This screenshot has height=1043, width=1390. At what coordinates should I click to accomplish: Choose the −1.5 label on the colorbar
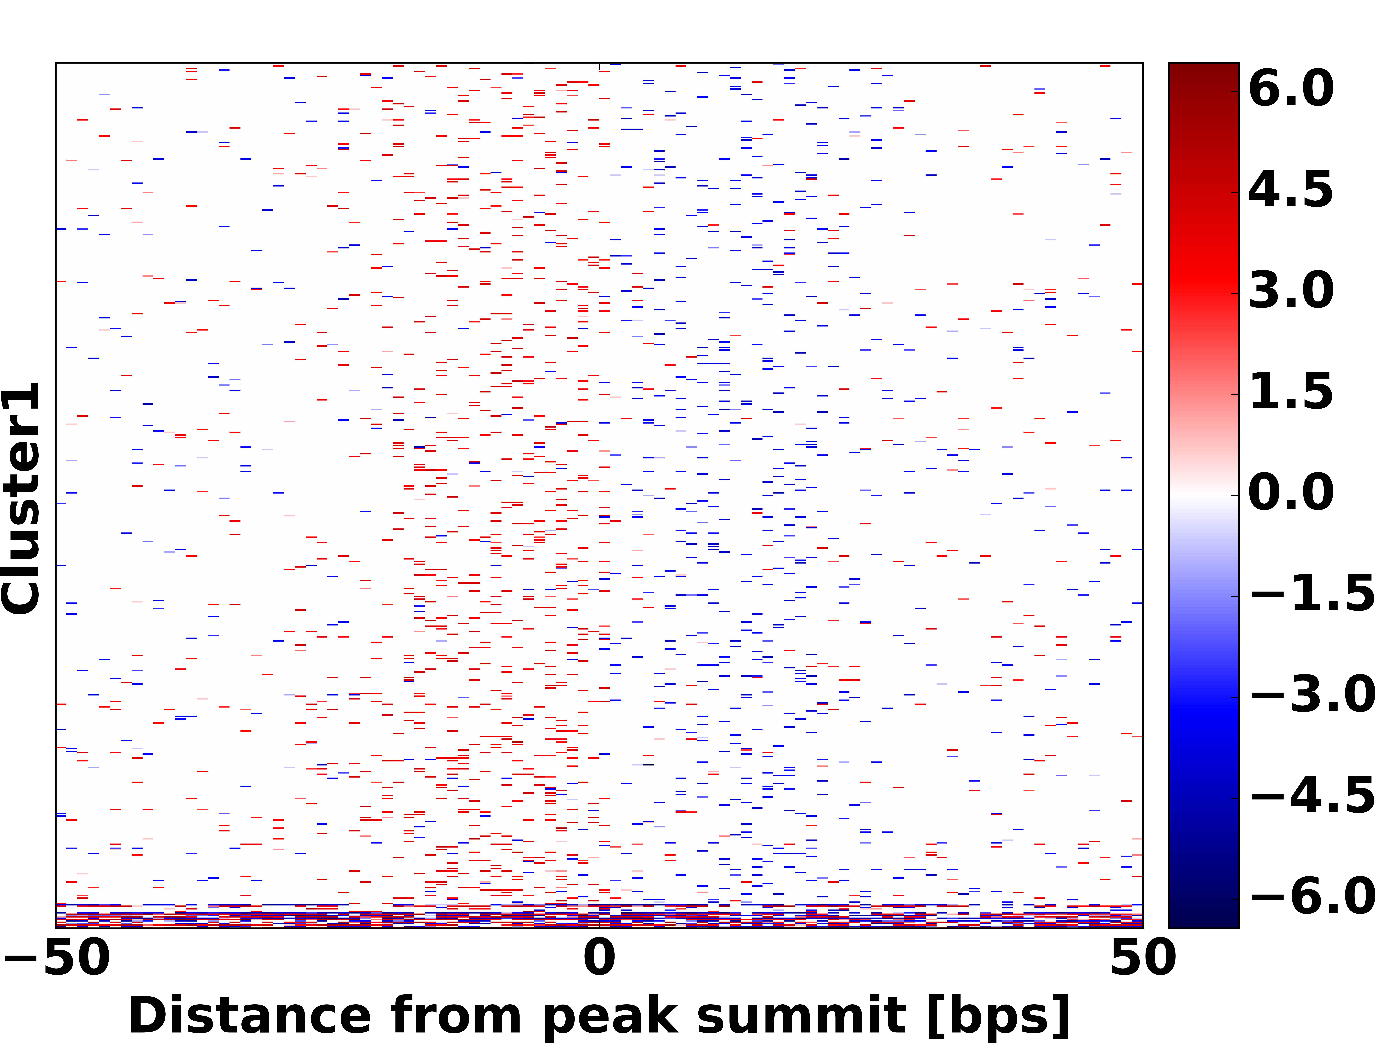point(1312,594)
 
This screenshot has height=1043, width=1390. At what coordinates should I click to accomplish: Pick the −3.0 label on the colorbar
point(1312,695)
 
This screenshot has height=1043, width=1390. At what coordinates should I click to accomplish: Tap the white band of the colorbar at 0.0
point(1203,495)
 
